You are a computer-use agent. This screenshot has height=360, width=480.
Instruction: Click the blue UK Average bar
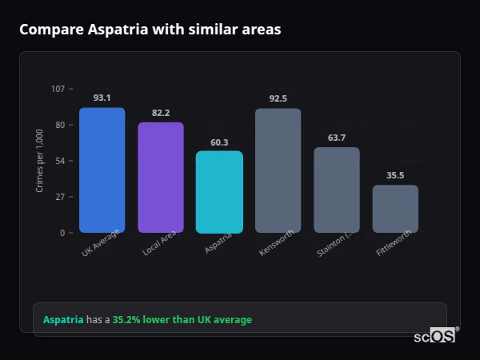[x=102, y=170]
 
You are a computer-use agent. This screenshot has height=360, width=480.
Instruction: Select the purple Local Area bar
[x=161, y=178]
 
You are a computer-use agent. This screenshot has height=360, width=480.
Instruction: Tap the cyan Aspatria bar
[x=219, y=192]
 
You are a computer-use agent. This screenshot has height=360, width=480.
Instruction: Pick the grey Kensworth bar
[x=278, y=170]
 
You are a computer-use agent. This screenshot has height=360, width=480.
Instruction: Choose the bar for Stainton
[x=336, y=190]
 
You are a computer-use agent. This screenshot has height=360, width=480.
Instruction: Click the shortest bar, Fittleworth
[x=395, y=209]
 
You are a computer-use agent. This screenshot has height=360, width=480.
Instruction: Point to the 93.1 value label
[x=102, y=98]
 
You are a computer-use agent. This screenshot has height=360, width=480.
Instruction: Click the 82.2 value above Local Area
[x=161, y=113]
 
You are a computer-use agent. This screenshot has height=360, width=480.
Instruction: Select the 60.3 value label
[x=219, y=142]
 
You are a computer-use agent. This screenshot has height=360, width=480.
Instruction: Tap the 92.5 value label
[x=278, y=98]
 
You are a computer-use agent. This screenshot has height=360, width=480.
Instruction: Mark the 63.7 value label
[x=336, y=138]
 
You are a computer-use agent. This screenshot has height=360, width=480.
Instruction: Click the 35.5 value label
[x=395, y=175]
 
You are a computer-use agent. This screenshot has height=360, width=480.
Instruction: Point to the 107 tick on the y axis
[x=58, y=89]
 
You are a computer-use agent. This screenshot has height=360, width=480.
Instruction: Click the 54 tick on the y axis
[x=60, y=161]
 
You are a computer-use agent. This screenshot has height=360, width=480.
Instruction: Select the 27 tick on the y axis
[x=60, y=197]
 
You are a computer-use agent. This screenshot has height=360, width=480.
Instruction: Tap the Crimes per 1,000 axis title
[x=40, y=161]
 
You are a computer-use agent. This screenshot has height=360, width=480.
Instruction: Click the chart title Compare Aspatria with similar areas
[x=150, y=30]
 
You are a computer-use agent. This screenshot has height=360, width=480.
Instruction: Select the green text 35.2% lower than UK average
[x=182, y=320]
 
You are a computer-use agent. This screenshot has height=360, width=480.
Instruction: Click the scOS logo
[x=435, y=336]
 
